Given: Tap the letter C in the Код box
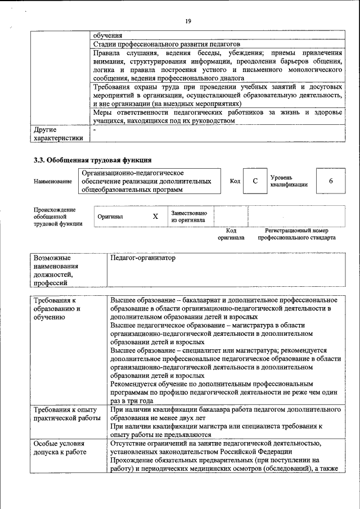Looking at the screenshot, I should coord(255,181).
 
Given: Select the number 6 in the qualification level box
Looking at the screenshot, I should coord(331,181).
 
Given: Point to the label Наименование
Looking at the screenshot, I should coord(53,182).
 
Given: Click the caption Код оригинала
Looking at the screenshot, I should coord(231,234).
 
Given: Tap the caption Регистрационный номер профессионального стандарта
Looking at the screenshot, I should coord(296,234).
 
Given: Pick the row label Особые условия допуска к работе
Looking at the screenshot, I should coord(60,448).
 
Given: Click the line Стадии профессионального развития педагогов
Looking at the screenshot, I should coord(166,43).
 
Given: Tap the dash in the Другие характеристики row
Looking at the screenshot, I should coord(94,130).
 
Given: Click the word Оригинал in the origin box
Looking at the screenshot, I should coord(110,217).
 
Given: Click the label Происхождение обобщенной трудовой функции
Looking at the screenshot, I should coord(58,217).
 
